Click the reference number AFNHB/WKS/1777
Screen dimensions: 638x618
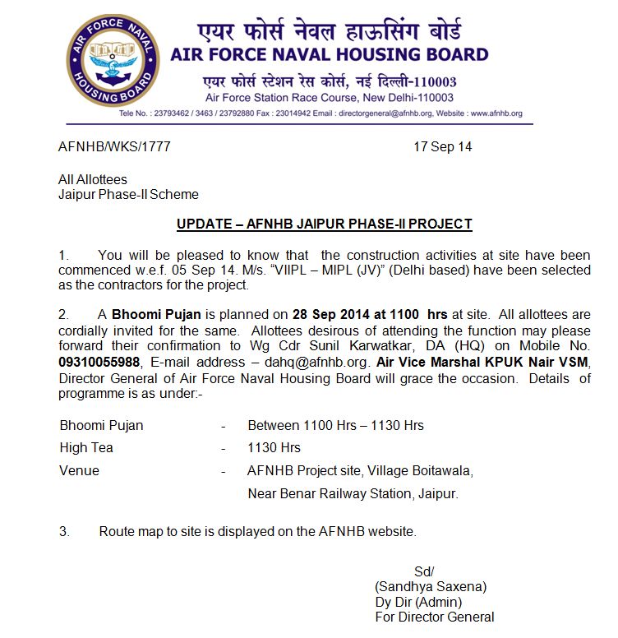click(114, 147)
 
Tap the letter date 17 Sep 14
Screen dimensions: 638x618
click(442, 147)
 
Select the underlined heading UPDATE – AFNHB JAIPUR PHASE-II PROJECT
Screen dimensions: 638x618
click(324, 224)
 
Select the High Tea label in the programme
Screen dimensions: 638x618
click(86, 448)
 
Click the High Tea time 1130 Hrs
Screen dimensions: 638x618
click(274, 448)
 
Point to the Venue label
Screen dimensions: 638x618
click(80, 471)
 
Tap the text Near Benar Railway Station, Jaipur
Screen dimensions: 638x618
click(353, 494)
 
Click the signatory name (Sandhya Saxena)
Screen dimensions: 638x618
click(431, 587)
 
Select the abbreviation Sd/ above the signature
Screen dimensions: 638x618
click(424, 572)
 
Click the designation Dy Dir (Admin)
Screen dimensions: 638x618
click(418, 602)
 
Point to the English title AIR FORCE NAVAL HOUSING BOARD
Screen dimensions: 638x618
click(329, 55)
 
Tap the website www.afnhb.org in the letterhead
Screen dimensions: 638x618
click(496, 113)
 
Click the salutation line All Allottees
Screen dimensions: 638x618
click(93, 179)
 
